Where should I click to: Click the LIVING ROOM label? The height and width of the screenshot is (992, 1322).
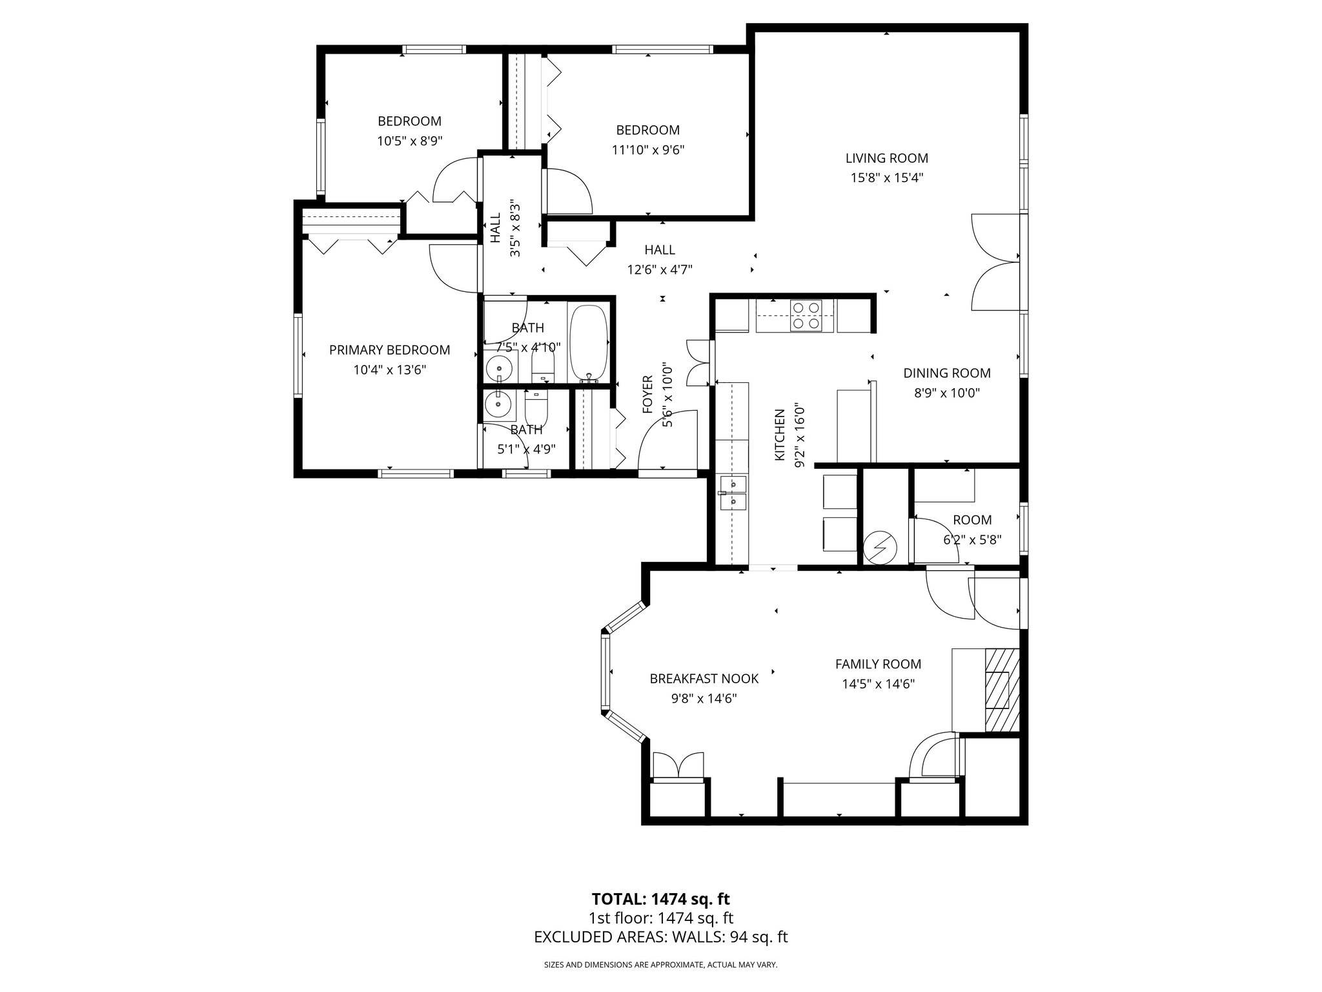(886, 158)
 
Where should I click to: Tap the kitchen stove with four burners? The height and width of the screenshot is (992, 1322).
(806, 316)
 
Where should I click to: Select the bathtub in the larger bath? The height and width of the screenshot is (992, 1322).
(588, 344)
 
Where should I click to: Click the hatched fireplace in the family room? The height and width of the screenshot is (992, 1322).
(1001, 690)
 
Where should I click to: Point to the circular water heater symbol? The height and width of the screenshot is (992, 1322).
(880, 548)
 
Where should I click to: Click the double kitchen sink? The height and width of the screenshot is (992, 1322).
(733, 492)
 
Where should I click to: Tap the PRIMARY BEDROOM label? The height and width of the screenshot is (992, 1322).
(389, 350)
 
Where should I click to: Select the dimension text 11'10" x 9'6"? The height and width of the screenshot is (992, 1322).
(647, 150)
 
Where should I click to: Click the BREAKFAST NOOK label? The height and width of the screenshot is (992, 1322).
(704, 679)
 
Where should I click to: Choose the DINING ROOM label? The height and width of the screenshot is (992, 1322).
(946, 373)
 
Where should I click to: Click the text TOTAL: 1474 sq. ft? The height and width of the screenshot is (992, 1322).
(660, 899)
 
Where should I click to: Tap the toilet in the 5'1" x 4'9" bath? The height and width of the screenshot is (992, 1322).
(536, 407)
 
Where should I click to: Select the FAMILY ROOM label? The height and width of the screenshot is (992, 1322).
(878, 664)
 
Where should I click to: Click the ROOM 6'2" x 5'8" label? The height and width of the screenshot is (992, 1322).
(971, 529)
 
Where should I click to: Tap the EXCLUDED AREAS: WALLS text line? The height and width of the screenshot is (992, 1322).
(660, 937)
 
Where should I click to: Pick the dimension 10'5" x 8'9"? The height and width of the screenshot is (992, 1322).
(409, 141)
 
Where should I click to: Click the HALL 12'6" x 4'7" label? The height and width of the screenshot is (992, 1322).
(659, 260)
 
